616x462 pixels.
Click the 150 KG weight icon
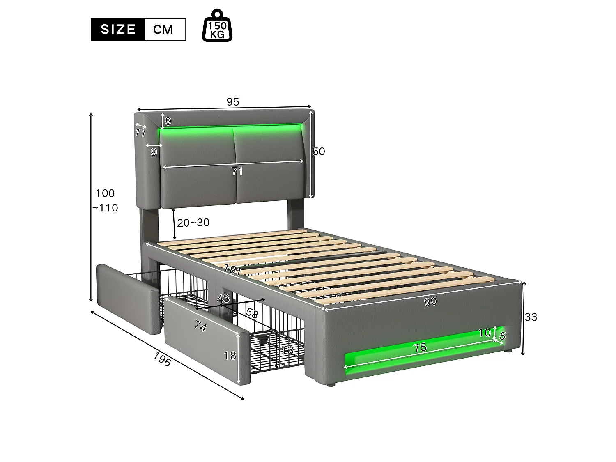[x=217, y=26]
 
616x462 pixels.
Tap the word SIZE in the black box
[x=118, y=30]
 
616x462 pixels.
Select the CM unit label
[x=163, y=30]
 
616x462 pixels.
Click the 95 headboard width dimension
[x=232, y=102]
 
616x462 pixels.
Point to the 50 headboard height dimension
[x=319, y=152]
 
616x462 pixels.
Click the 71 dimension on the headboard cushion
[x=237, y=171]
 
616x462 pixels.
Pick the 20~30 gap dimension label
[x=193, y=223]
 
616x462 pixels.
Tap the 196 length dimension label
[x=162, y=360]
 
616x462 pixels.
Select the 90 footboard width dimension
[x=430, y=302]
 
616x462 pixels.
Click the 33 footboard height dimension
[x=531, y=317]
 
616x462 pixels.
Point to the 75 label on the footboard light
[x=420, y=348]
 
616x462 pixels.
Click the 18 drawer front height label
[x=230, y=355]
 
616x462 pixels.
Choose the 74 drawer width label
[x=200, y=327]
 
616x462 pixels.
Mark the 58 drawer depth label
[x=251, y=313]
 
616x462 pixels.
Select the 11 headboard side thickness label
[x=141, y=133]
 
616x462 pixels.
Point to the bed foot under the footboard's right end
[x=508, y=352]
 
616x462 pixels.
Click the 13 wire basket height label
[x=287, y=350]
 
